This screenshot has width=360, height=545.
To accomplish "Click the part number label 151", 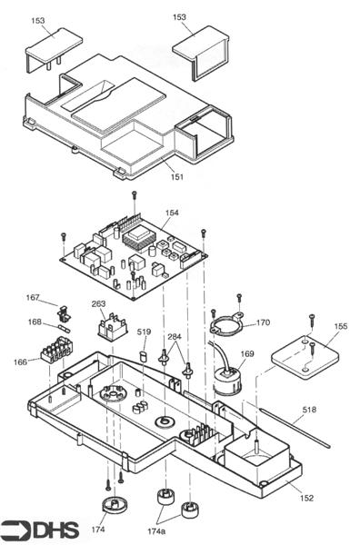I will click(176, 176).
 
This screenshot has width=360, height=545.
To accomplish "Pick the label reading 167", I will click(33, 297).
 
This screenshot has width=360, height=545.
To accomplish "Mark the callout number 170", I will click(263, 322).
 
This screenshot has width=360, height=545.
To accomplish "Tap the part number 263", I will click(99, 304).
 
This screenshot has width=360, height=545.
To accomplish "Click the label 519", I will click(144, 332).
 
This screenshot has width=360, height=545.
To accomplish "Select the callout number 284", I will click(175, 337).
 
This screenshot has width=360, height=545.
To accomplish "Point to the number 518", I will click(310, 410).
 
